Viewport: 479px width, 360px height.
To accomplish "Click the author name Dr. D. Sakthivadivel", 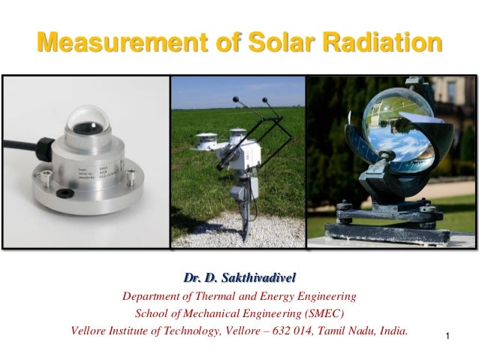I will [x=238, y=279].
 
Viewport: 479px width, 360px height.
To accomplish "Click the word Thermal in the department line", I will [x=229, y=296].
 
